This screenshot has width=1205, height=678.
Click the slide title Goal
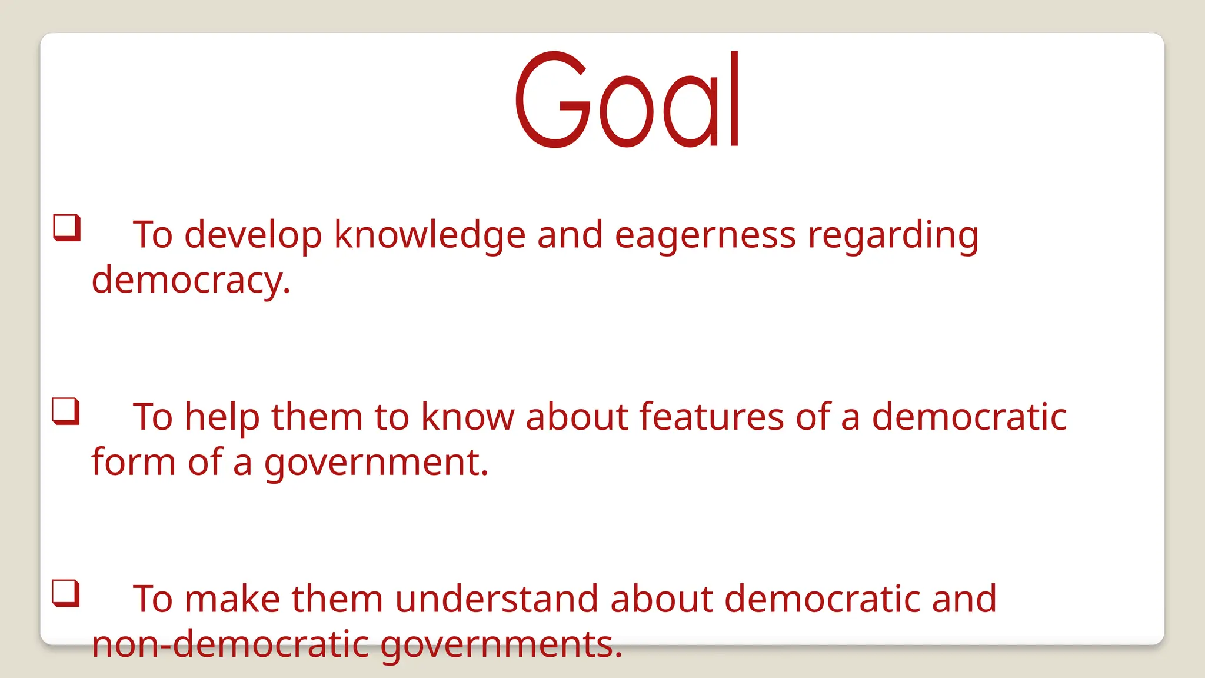pyautogui.click(x=627, y=100)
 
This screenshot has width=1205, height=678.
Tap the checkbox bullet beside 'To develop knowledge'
pyautogui.click(x=66, y=228)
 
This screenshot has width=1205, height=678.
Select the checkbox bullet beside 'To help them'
pyautogui.click(x=66, y=411)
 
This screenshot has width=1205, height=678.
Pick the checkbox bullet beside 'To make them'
pyautogui.click(x=66, y=593)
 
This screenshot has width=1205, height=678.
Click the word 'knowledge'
pyautogui.click(x=430, y=235)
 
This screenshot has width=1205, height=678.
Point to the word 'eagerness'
pyautogui.click(x=705, y=235)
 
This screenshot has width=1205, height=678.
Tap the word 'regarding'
pyautogui.click(x=893, y=235)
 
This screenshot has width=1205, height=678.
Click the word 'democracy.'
pyautogui.click(x=191, y=280)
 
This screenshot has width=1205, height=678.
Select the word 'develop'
pyautogui.click(x=253, y=235)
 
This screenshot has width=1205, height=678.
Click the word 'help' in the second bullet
pyautogui.click(x=222, y=417)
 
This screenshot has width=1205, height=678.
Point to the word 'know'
pyautogui.click(x=467, y=417)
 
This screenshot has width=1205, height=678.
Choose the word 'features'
pyautogui.click(x=711, y=417)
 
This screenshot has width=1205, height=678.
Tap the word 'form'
pyautogui.click(x=134, y=462)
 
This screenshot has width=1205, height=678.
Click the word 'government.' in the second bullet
pyautogui.click(x=376, y=463)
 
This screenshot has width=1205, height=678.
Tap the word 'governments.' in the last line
pyautogui.click(x=501, y=645)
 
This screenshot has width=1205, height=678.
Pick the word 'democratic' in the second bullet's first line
pyautogui.click(x=968, y=417)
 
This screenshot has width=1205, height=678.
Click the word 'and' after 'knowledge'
pyautogui.click(x=570, y=235)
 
